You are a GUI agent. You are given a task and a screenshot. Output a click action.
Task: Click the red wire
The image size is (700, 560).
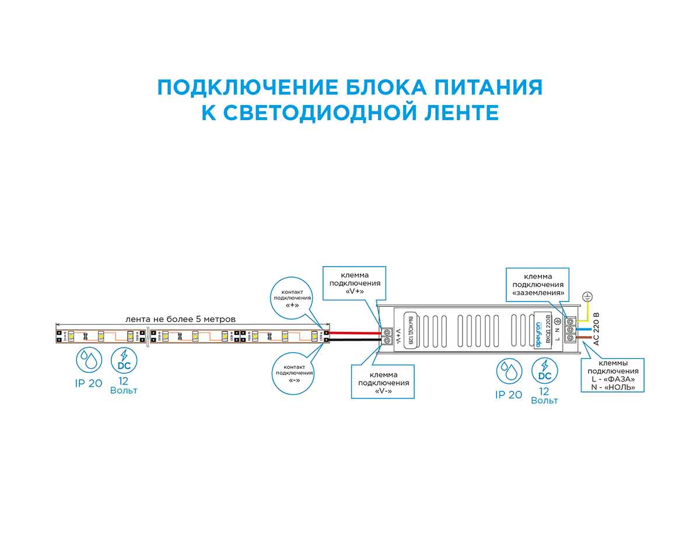(356, 332)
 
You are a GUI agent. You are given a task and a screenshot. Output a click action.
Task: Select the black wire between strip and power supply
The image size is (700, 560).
(356, 339)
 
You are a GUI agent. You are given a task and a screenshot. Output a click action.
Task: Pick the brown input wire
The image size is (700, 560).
(586, 339)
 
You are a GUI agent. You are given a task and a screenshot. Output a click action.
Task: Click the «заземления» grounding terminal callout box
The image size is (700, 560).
(538, 284)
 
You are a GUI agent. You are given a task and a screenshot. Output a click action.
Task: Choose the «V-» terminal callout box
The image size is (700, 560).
(383, 382)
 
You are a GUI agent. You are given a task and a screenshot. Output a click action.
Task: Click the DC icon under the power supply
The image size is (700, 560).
(545, 370)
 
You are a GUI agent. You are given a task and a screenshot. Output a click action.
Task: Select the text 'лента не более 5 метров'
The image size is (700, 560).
(181, 319)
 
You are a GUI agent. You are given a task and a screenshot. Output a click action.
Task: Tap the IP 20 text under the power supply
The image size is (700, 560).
(509, 395)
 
